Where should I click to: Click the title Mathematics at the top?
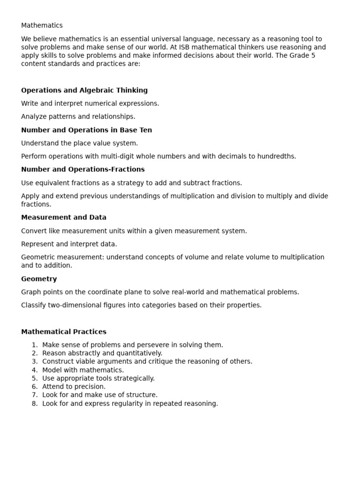tap(42, 25)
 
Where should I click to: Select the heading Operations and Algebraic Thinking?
tap(84, 90)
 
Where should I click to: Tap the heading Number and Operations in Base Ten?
tap(86, 130)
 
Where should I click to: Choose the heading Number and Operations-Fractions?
tap(82, 169)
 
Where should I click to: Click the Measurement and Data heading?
tap(64, 217)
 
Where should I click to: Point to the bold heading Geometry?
tap(39, 279)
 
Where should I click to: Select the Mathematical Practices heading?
tap(64, 331)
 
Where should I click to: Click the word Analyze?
tap(34, 116)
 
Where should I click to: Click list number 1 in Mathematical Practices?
tap(34, 345)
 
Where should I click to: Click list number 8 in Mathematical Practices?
tap(34, 404)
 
